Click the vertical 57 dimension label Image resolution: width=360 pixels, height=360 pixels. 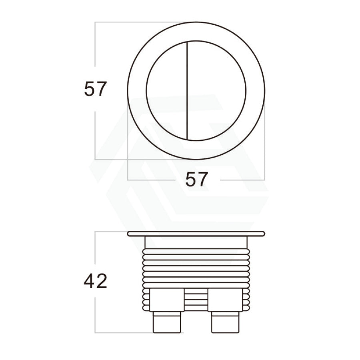pos(95,89)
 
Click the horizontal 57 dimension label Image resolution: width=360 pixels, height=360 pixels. pos(196,179)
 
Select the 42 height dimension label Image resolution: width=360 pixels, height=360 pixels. pos(95,281)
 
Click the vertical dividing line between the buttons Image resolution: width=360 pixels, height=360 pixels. pos(188,91)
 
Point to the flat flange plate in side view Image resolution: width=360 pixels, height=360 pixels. pos(196,234)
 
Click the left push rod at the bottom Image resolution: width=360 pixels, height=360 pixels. pos(167,322)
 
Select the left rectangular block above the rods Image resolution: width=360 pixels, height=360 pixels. pos(167,300)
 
